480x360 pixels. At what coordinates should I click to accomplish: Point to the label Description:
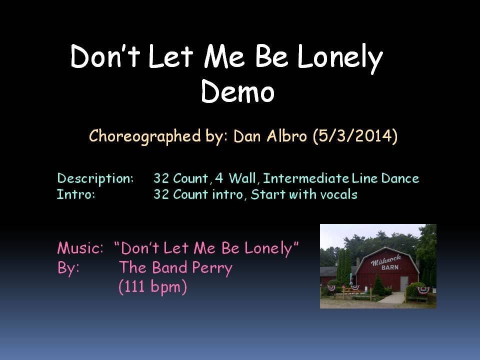pos(95,178)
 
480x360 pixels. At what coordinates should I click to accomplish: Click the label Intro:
pos(76,194)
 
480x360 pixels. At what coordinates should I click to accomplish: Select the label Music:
pos(80,248)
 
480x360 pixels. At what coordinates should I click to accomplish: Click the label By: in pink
pos(69,268)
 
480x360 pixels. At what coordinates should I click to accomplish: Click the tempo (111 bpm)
pos(152,287)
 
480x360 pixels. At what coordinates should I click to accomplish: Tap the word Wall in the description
pos(243,178)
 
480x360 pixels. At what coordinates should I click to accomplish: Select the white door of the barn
pos(404,283)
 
